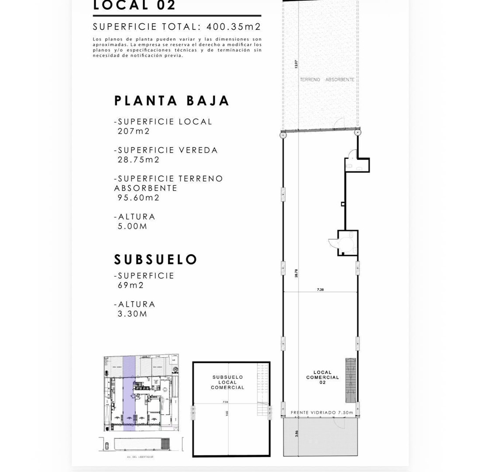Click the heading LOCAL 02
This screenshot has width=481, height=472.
pos(134,5)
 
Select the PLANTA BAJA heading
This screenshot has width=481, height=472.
pos(171,101)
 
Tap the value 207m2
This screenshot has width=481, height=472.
pos(133,131)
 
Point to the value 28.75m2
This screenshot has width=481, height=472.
pos(139,160)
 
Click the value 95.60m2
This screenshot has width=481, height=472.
pos(139,198)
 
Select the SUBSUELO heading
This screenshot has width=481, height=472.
pos(156,260)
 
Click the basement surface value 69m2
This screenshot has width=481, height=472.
pos(130,285)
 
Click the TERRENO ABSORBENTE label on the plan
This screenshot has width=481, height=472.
pos(327,80)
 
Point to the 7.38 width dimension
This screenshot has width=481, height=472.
pos(320,289)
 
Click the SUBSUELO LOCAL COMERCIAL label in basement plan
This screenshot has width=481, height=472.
pos(227,382)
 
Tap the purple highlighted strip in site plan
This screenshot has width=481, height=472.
pos(129,393)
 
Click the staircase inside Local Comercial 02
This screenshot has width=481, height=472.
pos(351,380)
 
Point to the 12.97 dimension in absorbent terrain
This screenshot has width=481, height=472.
pos(296,64)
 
